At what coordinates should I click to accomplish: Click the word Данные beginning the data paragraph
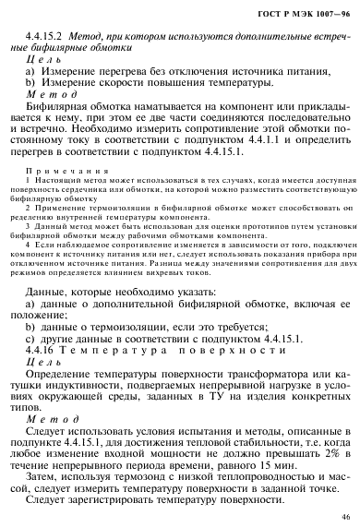point(58,287)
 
